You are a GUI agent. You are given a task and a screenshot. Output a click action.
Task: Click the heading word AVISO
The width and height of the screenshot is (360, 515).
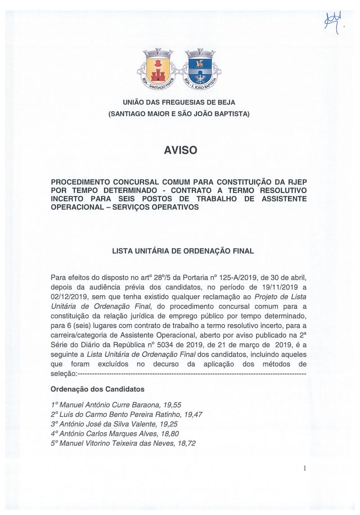[x=180, y=150]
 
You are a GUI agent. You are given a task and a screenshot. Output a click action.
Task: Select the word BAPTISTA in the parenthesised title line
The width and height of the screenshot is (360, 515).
[x=229, y=114]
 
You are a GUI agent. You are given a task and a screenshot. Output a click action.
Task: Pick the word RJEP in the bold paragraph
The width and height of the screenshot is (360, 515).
[x=298, y=182]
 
